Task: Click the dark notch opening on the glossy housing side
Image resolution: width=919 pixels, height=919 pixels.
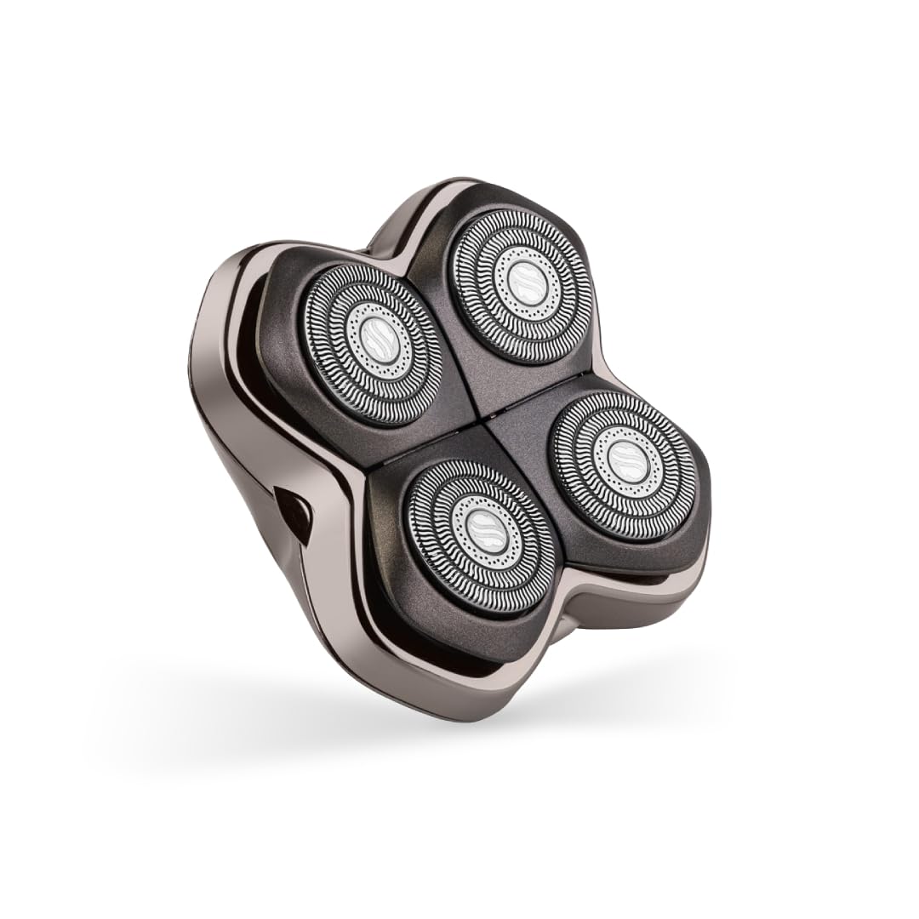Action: tap(294, 515)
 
